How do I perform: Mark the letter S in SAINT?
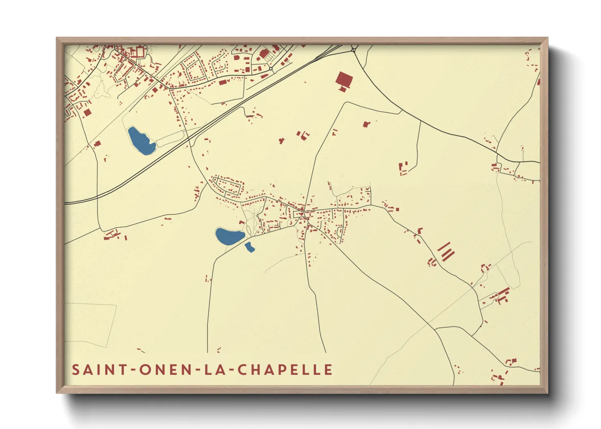76,370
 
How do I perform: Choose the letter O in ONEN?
145,370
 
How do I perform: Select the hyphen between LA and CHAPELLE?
230,370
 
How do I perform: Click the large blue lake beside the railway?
141,141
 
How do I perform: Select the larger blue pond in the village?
229,236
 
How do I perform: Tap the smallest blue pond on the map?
249,247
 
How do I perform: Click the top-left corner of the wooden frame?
57,38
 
